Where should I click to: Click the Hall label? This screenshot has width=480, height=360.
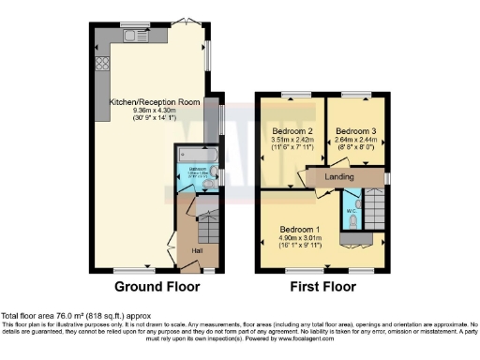pyautogui.click(x=197, y=250)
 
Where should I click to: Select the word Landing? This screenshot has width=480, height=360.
pyautogui.click(x=339, y=175)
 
